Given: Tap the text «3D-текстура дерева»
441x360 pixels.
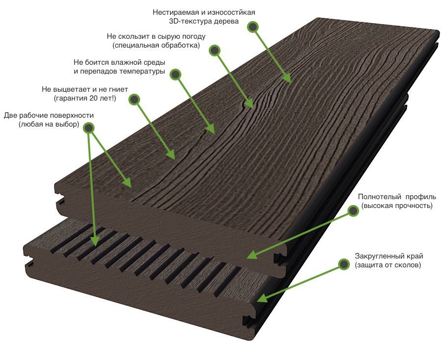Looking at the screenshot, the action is coord(204,22).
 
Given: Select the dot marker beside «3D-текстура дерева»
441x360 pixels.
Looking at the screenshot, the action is coord(253,27).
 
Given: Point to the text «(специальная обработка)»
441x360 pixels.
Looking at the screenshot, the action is coord(156,45).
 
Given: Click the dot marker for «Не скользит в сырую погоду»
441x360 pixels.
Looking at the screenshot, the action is coord(215,51).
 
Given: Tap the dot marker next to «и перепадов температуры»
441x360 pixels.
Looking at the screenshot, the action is coord(175,75).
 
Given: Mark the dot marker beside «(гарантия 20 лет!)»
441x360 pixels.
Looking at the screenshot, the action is coord(134,100).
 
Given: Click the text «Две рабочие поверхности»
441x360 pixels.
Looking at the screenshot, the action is coord(49,115).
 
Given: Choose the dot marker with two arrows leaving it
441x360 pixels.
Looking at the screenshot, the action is coord(89,128).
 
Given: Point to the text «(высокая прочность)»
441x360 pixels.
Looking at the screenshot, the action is coord(397,206).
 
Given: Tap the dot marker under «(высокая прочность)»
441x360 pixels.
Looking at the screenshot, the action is coord(353,211).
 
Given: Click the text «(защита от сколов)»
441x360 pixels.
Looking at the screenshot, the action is coord(388,265).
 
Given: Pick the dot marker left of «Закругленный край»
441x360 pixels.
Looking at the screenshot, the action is coord(343,264).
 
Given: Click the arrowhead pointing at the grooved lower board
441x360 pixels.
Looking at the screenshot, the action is coord(95,241).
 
